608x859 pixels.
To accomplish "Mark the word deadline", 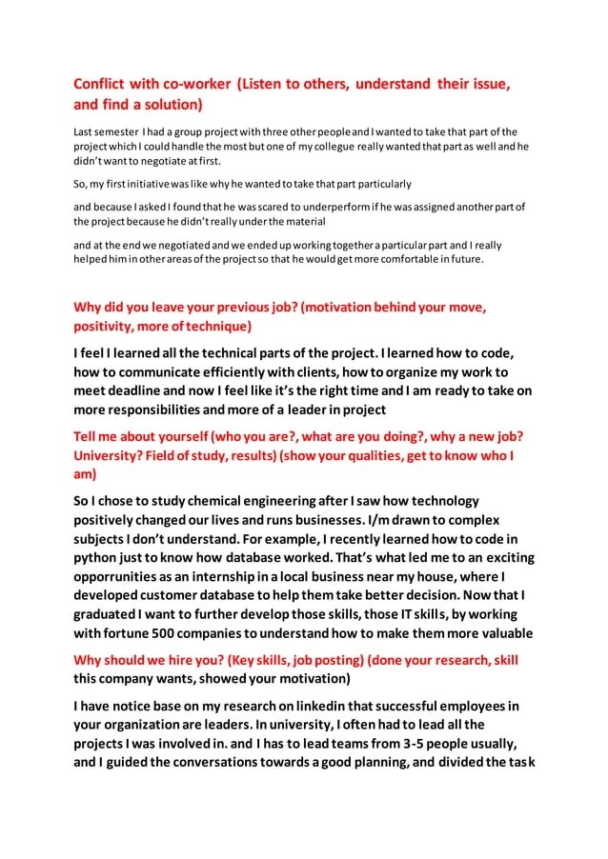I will (145, 390).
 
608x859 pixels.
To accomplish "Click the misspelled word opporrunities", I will (124, 576).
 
